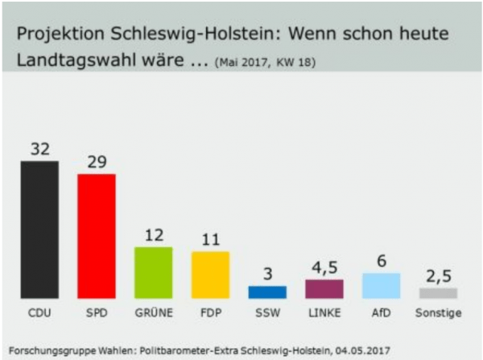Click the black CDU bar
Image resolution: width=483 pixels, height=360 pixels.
click(x=39, y=230)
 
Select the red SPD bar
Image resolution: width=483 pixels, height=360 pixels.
click(x=97, y=236)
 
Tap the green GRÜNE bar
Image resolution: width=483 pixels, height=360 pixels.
click(x=153, y=273)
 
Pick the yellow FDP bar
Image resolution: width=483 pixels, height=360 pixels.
click(x=210, y=275)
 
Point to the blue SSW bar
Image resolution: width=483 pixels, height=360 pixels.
click(x=267, y=292)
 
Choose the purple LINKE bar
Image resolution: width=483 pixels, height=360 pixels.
click(x=324, y=289)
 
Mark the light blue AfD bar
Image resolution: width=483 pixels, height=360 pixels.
click(x=382, y=286)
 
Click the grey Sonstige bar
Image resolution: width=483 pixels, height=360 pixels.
click(x=439, y=293)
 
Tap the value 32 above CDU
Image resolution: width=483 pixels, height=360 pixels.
click(x=40, y=149)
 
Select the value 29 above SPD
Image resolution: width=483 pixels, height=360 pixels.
click(x=97, y=162)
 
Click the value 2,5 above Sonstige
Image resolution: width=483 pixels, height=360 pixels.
click(x=439, y=276)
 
